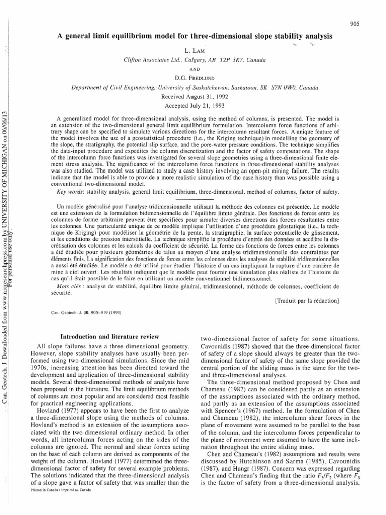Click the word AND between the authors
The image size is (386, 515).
tap(193, 69)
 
